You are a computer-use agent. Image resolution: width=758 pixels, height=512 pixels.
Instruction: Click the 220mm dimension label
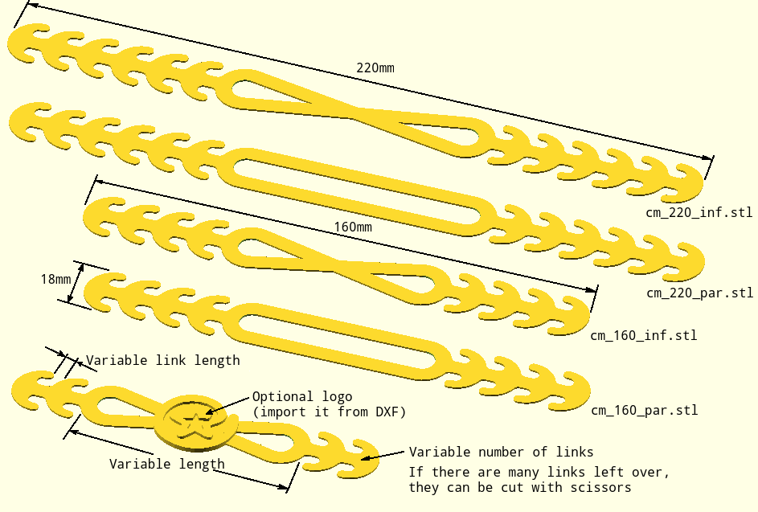[375, 68]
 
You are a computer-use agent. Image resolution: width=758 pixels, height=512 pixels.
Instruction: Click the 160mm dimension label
[353, 227]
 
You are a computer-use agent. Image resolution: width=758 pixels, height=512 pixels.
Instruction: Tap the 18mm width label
[55, 279]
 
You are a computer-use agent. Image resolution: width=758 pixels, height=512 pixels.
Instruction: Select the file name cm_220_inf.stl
[699, 212]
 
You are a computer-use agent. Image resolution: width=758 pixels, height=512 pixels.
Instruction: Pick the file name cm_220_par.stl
[699, 293]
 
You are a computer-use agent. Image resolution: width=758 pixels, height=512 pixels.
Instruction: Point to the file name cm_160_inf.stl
[643, 335]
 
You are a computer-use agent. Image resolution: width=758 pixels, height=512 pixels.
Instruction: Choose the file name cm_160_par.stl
[645, 411]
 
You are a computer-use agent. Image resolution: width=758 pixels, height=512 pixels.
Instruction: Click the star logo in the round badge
[195, 423]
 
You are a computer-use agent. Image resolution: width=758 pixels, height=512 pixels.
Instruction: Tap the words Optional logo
[302, 397]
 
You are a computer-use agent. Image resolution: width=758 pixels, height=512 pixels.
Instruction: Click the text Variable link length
[163, 360]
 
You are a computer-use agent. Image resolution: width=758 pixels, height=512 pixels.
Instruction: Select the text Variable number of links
[502, 452]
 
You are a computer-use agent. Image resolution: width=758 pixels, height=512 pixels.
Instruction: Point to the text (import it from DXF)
[330, 412]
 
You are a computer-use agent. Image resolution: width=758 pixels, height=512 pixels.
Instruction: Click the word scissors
[601, 487]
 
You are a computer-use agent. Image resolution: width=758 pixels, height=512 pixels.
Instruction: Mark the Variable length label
[166, 464]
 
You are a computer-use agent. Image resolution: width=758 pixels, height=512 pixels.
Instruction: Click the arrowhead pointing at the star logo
[210, 412]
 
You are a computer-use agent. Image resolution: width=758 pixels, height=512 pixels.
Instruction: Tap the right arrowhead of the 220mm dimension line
[707, 158]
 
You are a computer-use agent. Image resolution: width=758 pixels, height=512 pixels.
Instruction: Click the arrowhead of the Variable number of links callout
[367, 457]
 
